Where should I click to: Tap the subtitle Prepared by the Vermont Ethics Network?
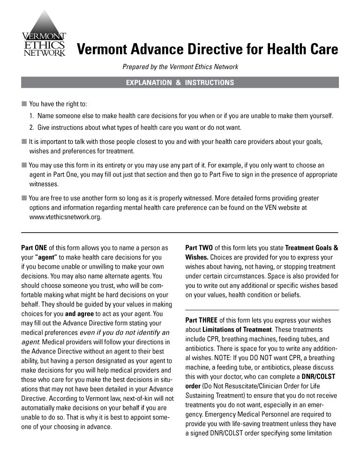click(x=180, y=67)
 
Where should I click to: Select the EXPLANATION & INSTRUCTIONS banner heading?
click(x=180, y=83)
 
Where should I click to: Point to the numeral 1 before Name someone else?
click(x=31, y=116)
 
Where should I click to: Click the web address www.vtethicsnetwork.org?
click(x=65, y=218)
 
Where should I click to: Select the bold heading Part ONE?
click(x=34, y=248)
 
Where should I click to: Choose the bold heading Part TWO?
click(x=199, y=248)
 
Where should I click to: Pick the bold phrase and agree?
click(x=81, y=314)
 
